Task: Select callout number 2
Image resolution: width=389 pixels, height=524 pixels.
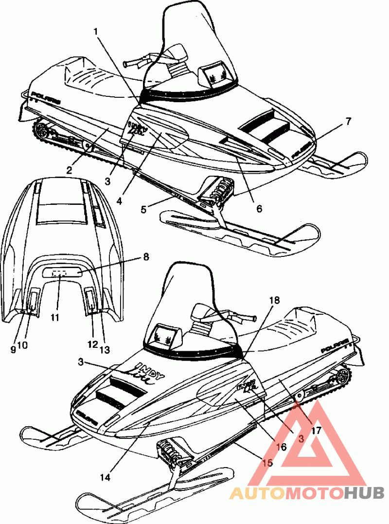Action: click(x=70, y=170)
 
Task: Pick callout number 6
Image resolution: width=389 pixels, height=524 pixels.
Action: click(x=259, y=209)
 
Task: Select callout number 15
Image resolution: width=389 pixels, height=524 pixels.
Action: click(x=266, y=463)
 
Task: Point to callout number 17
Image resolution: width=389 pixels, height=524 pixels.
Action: click(x=317, y=430)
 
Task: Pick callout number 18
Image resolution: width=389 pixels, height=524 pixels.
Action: click(x=275, y=300)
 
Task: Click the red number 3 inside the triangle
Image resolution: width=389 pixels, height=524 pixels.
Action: click(x=301, y=438)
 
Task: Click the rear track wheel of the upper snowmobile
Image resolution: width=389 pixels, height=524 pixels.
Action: click(x=41, y=130)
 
